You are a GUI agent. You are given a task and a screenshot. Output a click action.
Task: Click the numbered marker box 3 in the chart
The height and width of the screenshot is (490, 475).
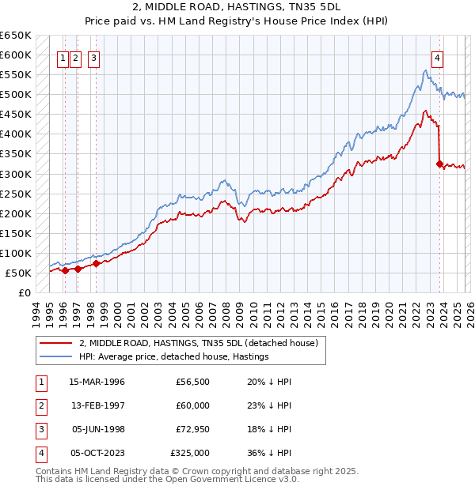pyautogui.click(x=94, y=57)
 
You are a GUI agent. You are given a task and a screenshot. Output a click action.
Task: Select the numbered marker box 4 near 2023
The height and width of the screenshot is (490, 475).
pyautogui.click(x=437, y=57)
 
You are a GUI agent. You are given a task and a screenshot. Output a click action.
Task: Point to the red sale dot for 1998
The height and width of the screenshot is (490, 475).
pyautogui.click(x=95, y=264)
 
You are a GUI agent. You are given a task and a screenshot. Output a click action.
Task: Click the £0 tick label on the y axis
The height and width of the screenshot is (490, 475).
pyautogui.click(x=24, y=292)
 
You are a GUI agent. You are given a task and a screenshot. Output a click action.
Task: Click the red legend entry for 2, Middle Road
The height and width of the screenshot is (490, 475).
pyautogui.click(x=198, y=343)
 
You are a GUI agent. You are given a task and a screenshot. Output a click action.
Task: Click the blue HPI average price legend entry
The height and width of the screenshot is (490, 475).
pyautogui.click(x=173, y=357)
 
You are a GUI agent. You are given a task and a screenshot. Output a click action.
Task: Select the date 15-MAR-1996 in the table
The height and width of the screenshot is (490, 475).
pyautogui.click(x=97, y=382)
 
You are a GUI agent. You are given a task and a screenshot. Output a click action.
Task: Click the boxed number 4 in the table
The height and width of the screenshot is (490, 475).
pyautogui.click(x=41, y=453)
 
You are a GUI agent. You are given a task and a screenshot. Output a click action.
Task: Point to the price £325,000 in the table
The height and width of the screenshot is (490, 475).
pyautogui.click(x=190, y=453)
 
